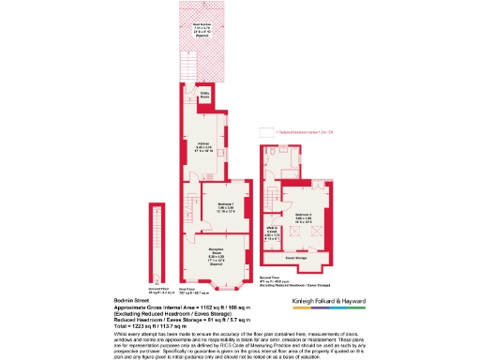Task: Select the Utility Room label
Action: (x=203, y=96)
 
